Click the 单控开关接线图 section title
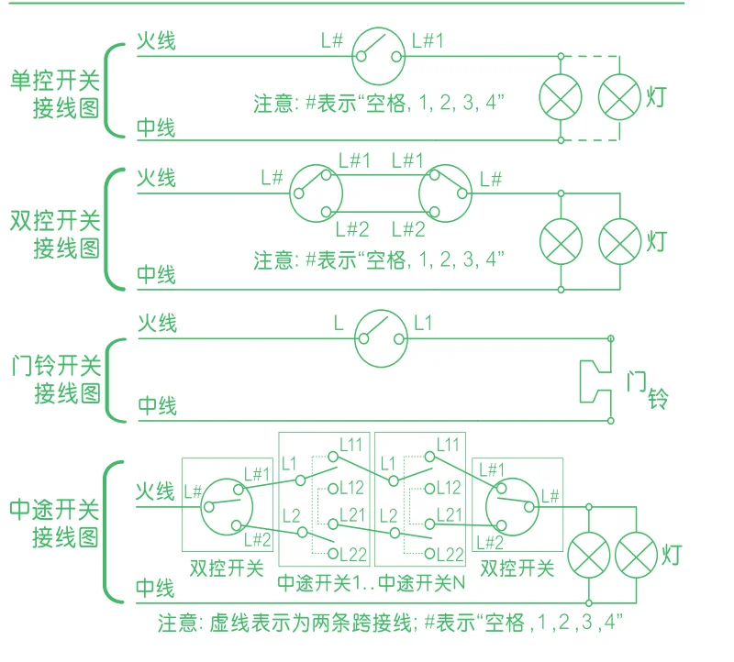click(x=54, y=93)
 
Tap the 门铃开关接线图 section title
click(x=54, y=380)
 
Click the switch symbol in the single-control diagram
click(x=379, y=55)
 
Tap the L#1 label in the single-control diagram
click(x=428, y=40)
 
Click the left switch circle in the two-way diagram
click(x=317, y=192)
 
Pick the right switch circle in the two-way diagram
click(x=445, y=192)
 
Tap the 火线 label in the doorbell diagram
click(x=157, y=323)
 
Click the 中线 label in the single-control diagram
click(x=157, y=127)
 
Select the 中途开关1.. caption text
click(x=324, y=581)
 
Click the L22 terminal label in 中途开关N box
click(x=448, y=553)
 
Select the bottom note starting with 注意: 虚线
click(x=390, y=623)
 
